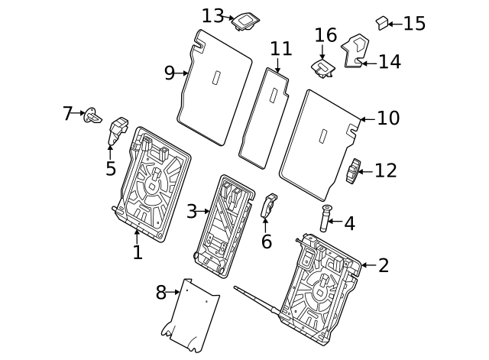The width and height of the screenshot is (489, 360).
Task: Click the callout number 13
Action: tap(213, 15)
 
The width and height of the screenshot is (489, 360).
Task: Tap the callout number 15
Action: tap(414, 24)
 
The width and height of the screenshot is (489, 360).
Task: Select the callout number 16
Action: tap(325, 35)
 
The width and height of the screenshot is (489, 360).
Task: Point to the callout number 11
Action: tap(280, 50)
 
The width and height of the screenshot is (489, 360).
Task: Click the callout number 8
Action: tap(161, 291)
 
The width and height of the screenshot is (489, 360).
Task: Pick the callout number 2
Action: tap(384, 265)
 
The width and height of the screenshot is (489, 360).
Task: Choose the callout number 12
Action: tap(386, 170)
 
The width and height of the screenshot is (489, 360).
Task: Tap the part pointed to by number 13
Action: tap(248, 21)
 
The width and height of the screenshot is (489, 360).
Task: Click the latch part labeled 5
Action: tap(118, 130)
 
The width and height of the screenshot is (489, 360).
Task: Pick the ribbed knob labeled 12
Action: tap(353, 172)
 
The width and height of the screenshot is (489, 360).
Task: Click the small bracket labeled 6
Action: tap(269, 205)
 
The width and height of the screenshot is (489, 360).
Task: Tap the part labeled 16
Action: tap(324, 69)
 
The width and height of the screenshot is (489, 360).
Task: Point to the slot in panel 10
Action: tap(324, 136)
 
